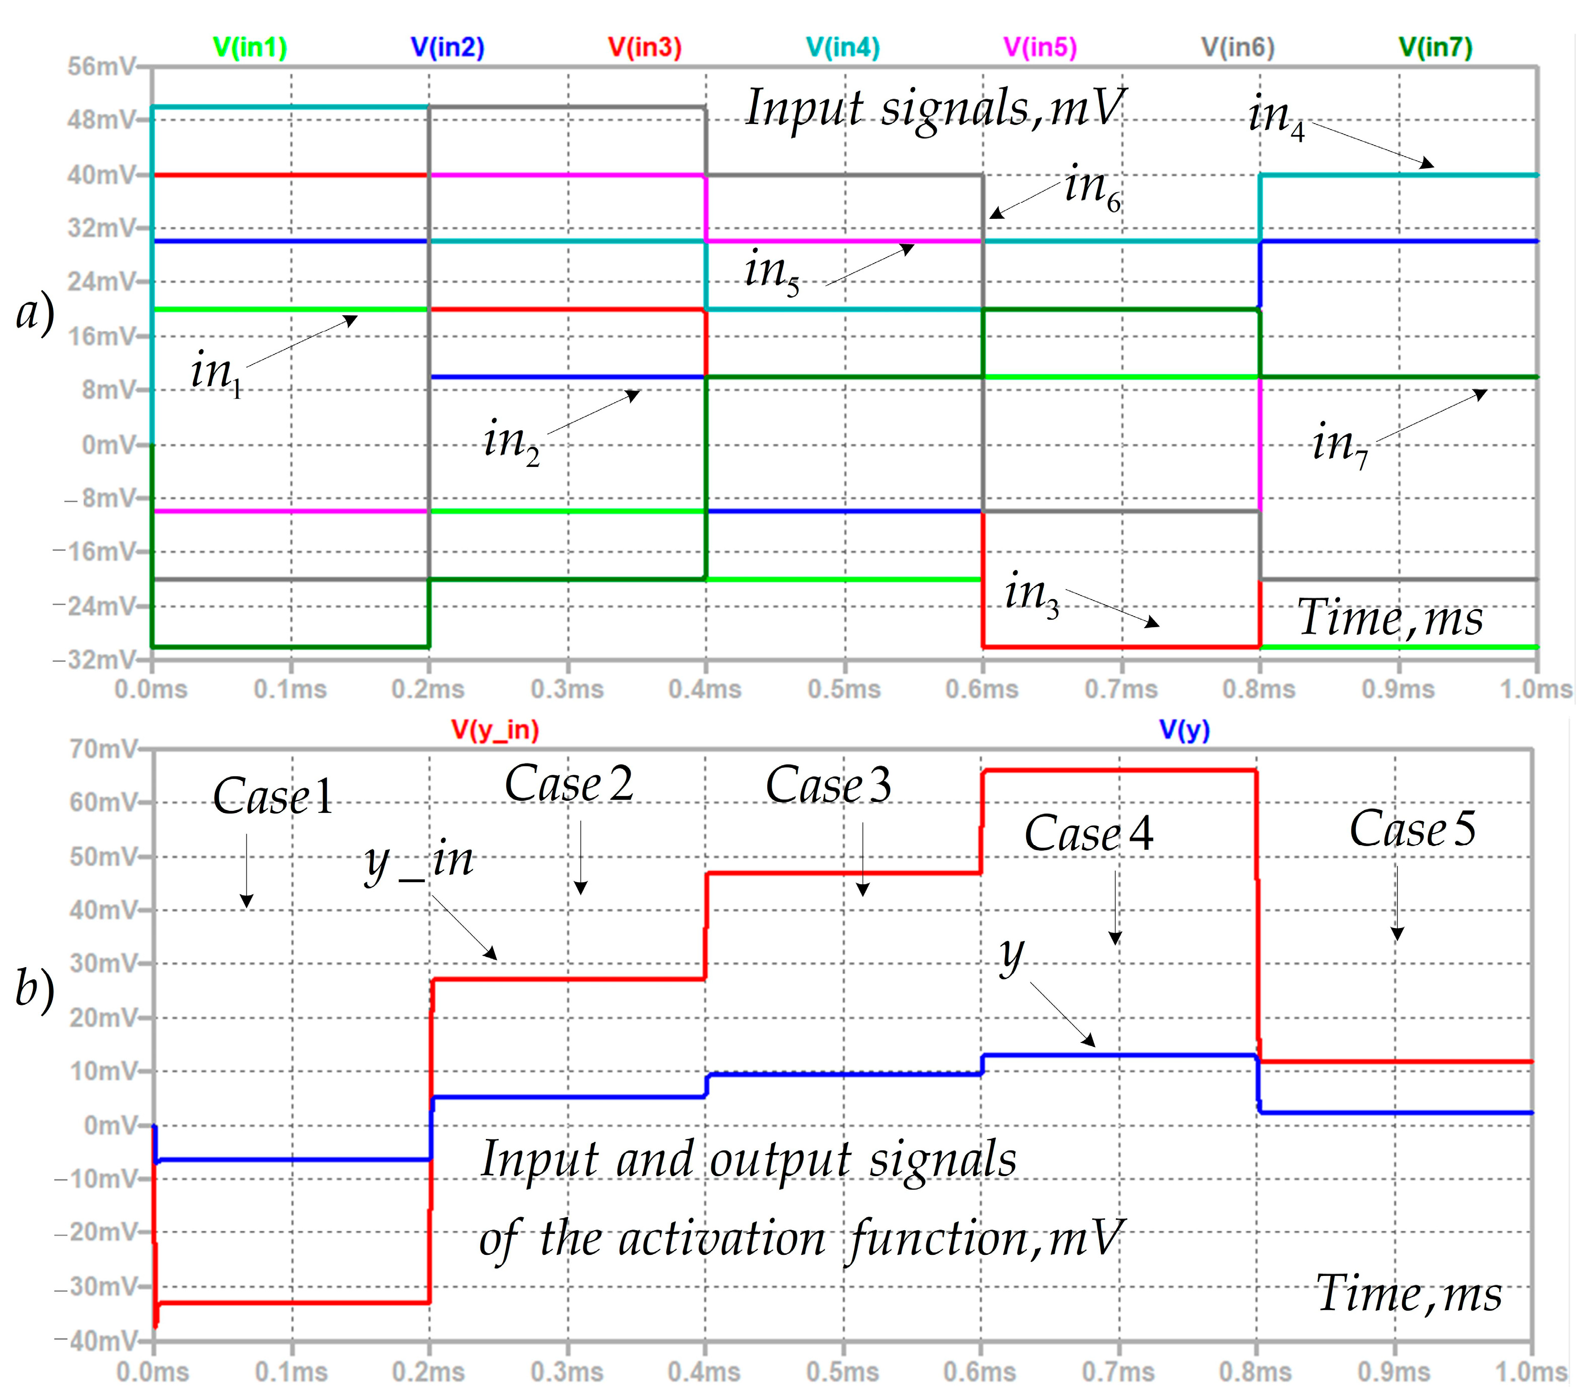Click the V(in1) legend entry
point(250,48)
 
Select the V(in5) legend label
point(1040,48)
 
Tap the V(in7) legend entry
point(1435,48)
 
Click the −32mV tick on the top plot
point(94,660)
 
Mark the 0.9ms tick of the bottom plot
point(1394,1372)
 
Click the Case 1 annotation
point(273,796)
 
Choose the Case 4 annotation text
point(1088,834)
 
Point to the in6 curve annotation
point(1092,188)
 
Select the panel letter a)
point(35,314)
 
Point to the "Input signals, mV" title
point(934,108)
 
